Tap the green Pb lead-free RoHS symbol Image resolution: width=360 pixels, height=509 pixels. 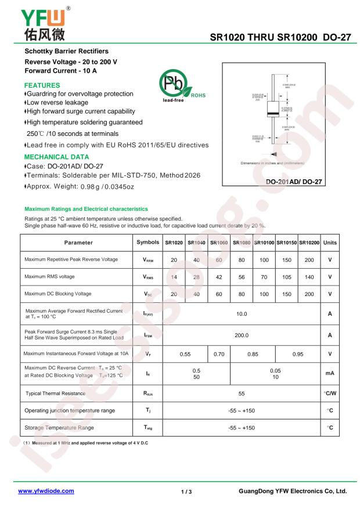[178, 88]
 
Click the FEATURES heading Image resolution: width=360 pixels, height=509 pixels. [42, 85]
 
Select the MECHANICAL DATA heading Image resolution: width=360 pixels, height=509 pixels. [56, 157]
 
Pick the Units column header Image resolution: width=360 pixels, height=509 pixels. [329, 243]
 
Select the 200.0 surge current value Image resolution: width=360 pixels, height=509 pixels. [241, 335]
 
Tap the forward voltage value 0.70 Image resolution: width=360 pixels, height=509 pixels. [219, 353]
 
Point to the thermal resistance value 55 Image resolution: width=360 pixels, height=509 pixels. [241, 393]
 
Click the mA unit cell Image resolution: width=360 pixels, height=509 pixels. [329, 373]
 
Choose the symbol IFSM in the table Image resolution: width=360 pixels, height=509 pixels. [148, 335]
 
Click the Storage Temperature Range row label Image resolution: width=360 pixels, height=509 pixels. [59, 428]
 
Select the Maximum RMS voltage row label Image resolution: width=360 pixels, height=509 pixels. [49, 277]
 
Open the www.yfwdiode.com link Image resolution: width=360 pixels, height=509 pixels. [46, 491]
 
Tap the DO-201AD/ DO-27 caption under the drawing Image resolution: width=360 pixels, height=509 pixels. [293, 182]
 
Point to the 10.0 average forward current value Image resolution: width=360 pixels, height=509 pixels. [241, 314]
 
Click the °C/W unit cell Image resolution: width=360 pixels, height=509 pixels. [329, 393]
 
